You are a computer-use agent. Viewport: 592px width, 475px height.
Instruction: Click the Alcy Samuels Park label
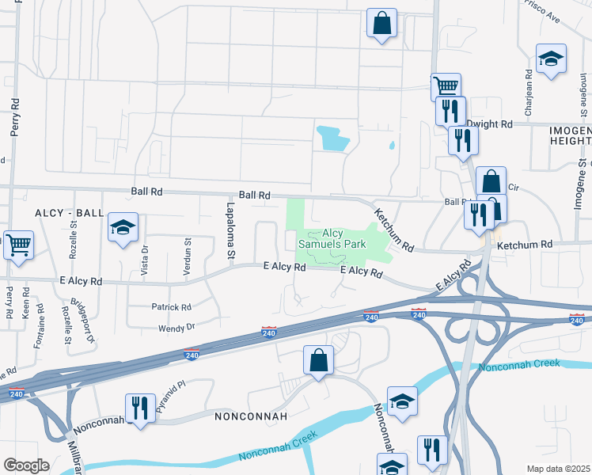(x=332, y=238)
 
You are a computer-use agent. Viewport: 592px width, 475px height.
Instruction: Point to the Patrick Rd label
(x=171, y=306)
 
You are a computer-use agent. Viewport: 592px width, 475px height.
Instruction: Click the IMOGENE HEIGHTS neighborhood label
(x=570, y=135)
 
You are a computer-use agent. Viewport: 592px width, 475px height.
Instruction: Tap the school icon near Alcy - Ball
(x=123, y=227)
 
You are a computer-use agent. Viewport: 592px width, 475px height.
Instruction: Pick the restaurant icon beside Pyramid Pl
(x=140, y=408)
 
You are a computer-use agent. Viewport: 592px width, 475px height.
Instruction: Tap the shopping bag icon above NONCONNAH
(x=318, y=360)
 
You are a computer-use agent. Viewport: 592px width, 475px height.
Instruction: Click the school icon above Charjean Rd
(x=551, y=59)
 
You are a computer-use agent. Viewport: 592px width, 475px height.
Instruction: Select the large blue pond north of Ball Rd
(x=332, y=139)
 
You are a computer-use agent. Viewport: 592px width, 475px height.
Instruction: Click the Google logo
(x=26, y=465)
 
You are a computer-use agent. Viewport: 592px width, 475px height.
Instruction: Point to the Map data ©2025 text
(x=558, y=469)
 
